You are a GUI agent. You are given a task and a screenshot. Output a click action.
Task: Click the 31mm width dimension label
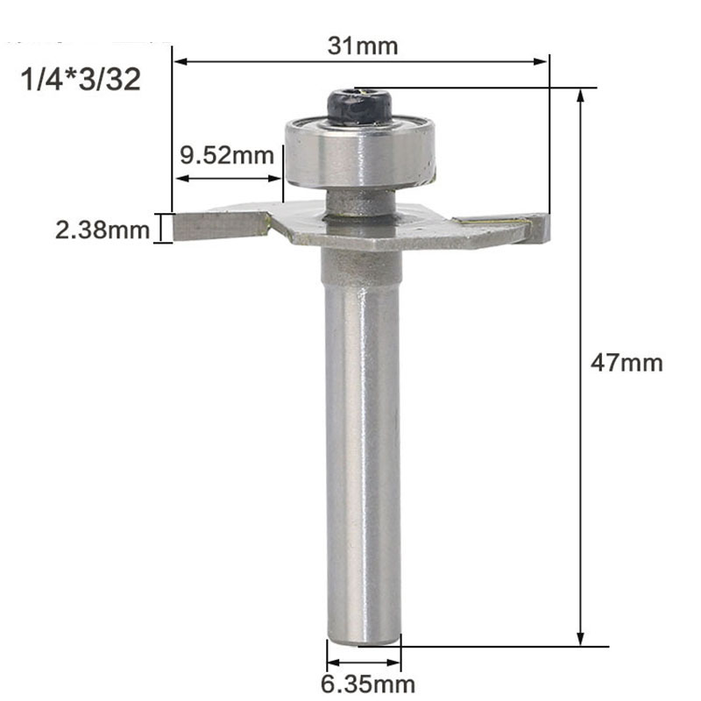pos(362,45)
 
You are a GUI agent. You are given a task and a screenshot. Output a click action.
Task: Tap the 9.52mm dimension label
pos(226,157)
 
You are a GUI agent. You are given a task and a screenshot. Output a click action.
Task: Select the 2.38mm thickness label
pos(102,230)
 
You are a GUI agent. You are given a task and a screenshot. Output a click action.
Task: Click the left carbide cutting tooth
pos(219,226)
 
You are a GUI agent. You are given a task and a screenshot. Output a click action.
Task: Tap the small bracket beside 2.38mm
pos(160,228)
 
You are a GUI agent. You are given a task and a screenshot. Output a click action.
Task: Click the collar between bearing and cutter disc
pos(359,203)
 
